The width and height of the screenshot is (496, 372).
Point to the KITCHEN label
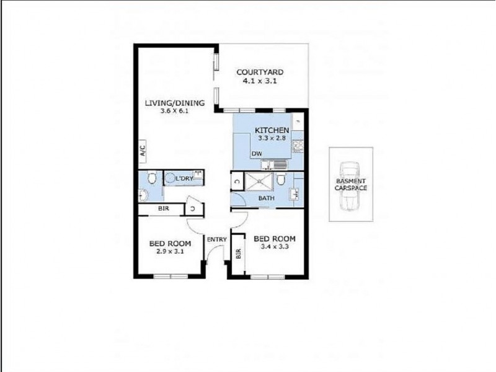(x=272, y=130)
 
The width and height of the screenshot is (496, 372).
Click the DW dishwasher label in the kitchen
(x=256, y=154)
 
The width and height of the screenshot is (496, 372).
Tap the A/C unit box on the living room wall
(x=143, y=150)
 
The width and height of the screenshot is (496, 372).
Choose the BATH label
(x=267, y=198)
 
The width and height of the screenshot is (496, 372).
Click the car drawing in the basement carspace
(x=351, y=185)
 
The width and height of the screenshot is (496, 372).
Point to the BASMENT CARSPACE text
(x=351, y=184)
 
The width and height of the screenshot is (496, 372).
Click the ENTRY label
(x=217, y=239)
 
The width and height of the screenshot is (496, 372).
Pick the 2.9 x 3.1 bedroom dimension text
(x=170, y=252)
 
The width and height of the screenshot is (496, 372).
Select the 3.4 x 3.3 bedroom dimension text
(x=275, y=247)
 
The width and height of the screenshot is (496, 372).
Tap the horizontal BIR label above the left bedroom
(x=163, y=209)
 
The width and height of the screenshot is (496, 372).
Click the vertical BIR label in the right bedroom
(x=239, y=255)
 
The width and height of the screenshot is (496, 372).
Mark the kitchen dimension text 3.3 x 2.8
(x=272, y=138)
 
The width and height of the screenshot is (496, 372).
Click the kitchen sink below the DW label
(x=275, y=165)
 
